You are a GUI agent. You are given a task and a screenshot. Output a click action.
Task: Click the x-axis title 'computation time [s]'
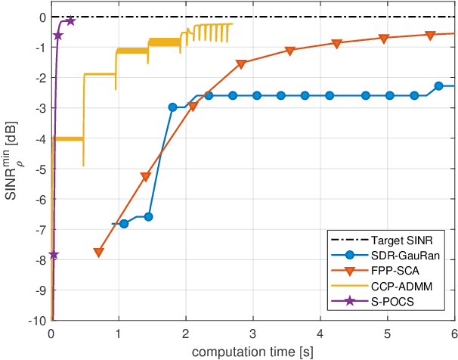click(252, 352)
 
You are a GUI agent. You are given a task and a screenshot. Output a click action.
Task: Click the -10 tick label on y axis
click(36, 321)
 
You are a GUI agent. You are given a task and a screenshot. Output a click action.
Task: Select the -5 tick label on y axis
click(39, 169)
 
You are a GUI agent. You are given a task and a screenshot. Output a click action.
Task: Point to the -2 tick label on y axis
click(39, 78)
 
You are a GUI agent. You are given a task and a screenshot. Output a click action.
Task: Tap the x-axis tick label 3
click(252, 334)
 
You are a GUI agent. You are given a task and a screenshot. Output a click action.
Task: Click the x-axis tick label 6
click(453, 334)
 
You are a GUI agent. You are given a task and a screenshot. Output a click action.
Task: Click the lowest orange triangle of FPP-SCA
click(98, 253)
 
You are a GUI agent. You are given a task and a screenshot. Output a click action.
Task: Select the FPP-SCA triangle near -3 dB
click(193, 107)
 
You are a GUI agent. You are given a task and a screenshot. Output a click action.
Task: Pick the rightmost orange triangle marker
click(431, 36)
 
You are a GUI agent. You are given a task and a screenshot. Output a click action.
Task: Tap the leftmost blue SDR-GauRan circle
click(124, 224)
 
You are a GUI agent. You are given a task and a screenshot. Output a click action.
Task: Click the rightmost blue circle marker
click(438, 86)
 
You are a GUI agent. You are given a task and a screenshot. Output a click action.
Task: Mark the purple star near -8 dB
click(53, 256)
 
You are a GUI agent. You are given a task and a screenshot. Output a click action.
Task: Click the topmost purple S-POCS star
click(70, 21)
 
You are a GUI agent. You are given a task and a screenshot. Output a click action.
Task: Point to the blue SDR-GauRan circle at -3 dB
click(172, 107)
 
